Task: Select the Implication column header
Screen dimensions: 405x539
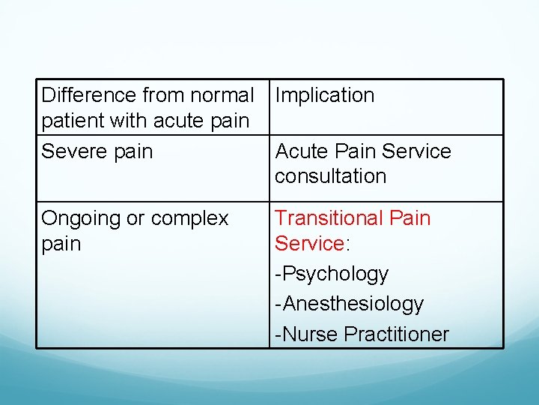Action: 324,95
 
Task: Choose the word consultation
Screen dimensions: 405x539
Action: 330,176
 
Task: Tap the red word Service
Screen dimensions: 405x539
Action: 308,244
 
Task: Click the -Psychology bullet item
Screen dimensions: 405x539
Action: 332,274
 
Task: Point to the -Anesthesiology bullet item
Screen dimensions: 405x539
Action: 349,304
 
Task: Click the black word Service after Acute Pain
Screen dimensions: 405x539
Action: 417,151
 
